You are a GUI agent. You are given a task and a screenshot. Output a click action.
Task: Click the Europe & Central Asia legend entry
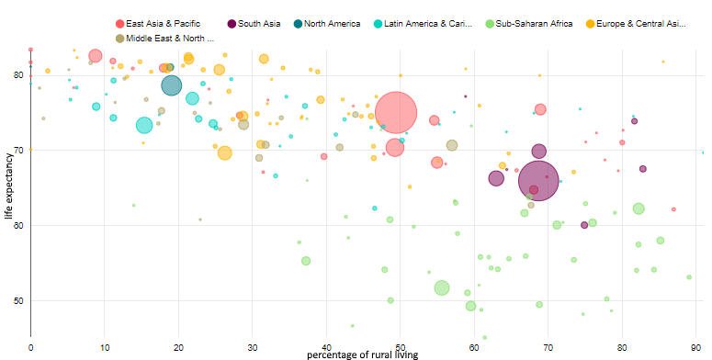click(635, 23)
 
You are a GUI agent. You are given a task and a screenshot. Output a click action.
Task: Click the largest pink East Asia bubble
click(396, 112)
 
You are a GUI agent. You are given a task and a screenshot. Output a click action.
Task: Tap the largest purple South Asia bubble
click(539, 180)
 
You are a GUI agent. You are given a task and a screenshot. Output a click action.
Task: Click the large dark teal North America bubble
click(172, 85)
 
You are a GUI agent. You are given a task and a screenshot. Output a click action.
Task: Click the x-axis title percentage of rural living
click(362, 354)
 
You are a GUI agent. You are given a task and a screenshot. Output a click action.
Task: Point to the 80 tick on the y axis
click(18, 74)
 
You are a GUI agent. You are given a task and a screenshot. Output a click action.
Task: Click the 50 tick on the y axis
click(18, 300)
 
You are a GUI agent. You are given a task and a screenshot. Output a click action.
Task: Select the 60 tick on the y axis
click(18, 225)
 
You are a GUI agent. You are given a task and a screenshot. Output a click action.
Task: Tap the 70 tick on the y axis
click(18, 150)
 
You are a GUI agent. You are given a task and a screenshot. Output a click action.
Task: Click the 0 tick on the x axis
click(30, 346)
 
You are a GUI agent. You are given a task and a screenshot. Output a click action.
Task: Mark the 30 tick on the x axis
click(253, 346)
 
